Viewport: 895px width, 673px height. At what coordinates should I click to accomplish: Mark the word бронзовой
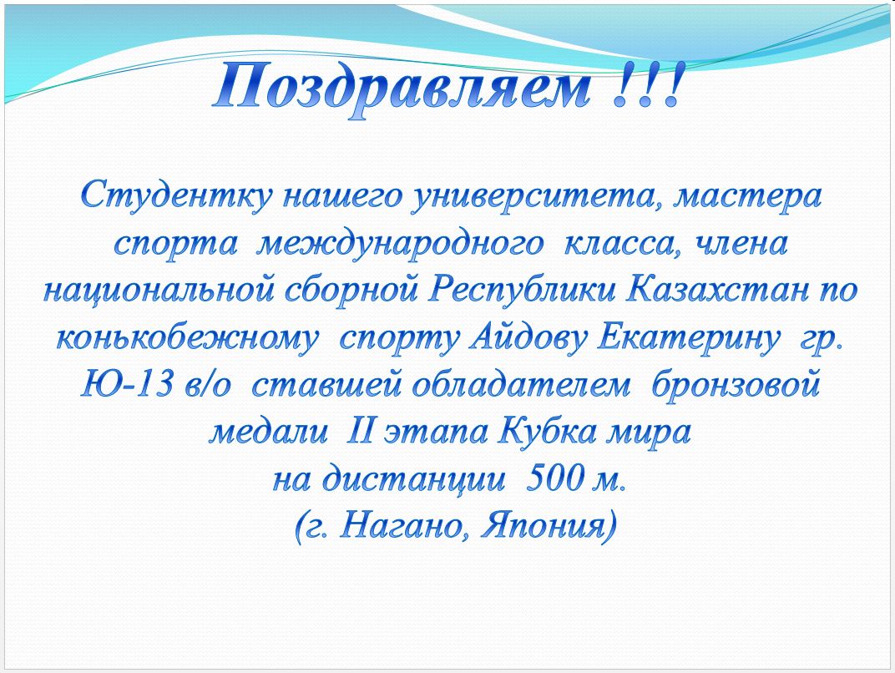(x=736, y=385)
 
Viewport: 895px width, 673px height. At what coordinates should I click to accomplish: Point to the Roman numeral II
(x=359, y=433)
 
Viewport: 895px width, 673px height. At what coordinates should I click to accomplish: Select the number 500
(x=552, y=480)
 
